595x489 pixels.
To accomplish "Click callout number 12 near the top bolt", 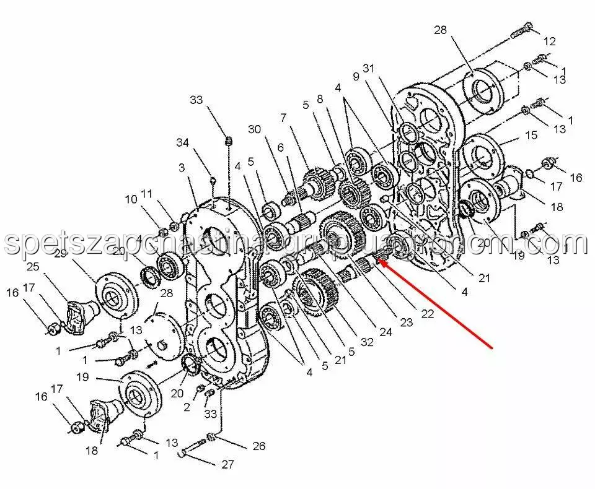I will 550,41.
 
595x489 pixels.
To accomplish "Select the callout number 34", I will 182,143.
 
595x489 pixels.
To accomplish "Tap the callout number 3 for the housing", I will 182,168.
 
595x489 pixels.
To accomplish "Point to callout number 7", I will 283,117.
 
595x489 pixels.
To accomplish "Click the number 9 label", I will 356,77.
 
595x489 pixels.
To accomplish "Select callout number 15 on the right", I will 531,134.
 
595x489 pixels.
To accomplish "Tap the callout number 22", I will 427,314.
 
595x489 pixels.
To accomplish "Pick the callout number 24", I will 387,332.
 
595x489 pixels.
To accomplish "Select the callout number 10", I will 131,199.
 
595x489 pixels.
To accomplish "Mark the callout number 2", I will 186,407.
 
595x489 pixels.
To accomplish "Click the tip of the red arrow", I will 379,262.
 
